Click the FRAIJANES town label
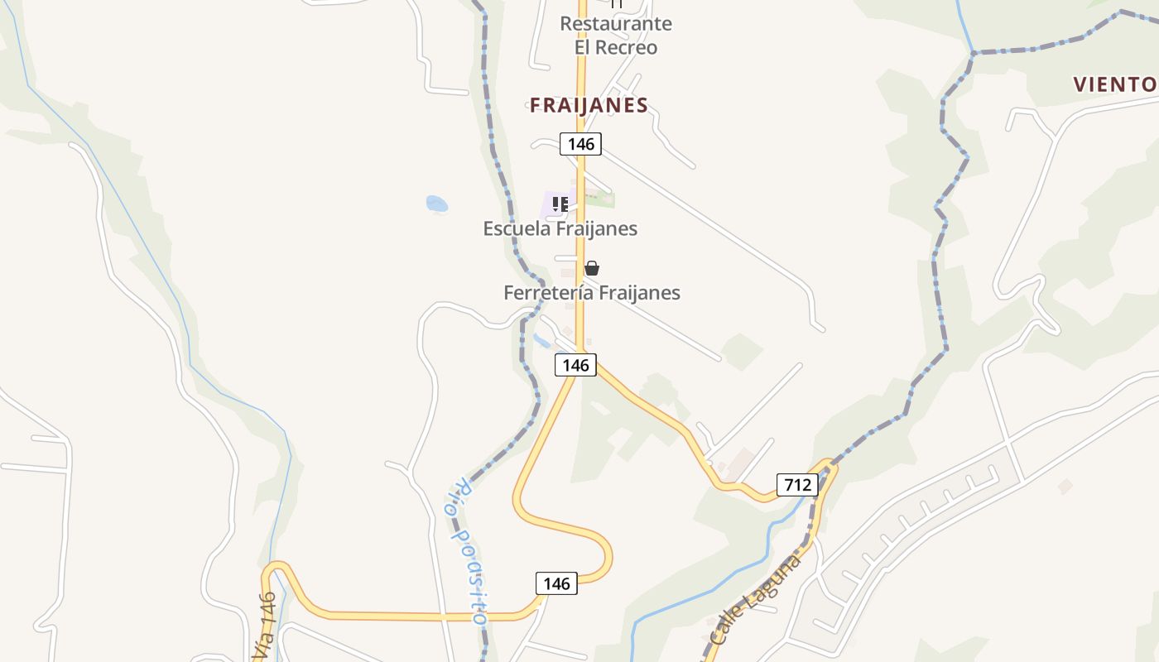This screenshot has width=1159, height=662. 589,105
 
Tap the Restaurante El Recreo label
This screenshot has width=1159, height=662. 616,36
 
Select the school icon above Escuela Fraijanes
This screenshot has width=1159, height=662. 560,204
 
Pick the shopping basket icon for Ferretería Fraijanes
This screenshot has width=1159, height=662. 591,268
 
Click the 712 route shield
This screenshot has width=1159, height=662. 797,485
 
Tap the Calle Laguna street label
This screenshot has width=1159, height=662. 756,601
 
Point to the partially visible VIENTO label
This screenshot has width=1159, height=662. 1115,84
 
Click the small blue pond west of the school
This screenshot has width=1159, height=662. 436,204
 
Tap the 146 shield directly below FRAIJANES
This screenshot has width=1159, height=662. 581,144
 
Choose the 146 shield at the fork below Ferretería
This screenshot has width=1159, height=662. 575,365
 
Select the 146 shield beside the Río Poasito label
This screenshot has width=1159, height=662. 556,583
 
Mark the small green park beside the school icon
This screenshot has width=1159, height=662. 603,199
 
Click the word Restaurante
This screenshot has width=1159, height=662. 616,24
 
